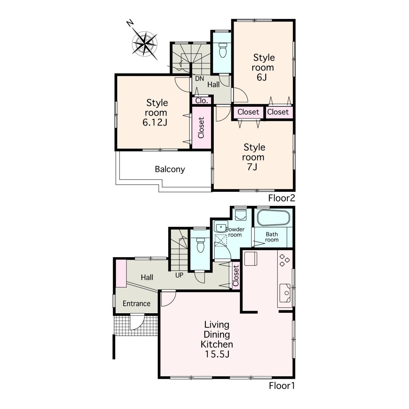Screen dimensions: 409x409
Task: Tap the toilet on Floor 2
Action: click(x=222, y=50)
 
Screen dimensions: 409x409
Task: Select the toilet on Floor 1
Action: click(x=200, y=245)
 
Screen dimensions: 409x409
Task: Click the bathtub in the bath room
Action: click(x=273, y=218)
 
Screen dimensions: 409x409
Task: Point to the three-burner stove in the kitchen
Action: click(x=284, y=260)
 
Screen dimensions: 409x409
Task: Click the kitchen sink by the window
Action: click(x=285, y=293)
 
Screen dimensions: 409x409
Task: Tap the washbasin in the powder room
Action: click(x=220, y=227)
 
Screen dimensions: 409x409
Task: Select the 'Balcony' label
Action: click(x=170, y=169)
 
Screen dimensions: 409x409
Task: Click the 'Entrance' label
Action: click(x=136, y=303)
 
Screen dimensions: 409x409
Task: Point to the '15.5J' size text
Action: click(x=217, y=354)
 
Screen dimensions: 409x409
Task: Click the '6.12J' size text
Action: click(x=155, y=122)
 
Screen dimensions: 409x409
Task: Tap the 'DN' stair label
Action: click(x=199, y=79)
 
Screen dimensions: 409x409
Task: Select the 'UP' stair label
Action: click(x=179, y=275)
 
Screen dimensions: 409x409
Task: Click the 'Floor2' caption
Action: click(x=282, y=198)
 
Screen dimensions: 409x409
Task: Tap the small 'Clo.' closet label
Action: click(x=202, y=101)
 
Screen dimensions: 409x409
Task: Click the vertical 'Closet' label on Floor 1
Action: click(x=236, y=276)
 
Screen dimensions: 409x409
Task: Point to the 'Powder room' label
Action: click(x=235, y=232)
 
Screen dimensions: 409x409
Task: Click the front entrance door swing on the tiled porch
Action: click(x=137, y=322)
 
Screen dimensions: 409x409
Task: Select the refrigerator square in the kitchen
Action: click(x=251, y=259)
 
